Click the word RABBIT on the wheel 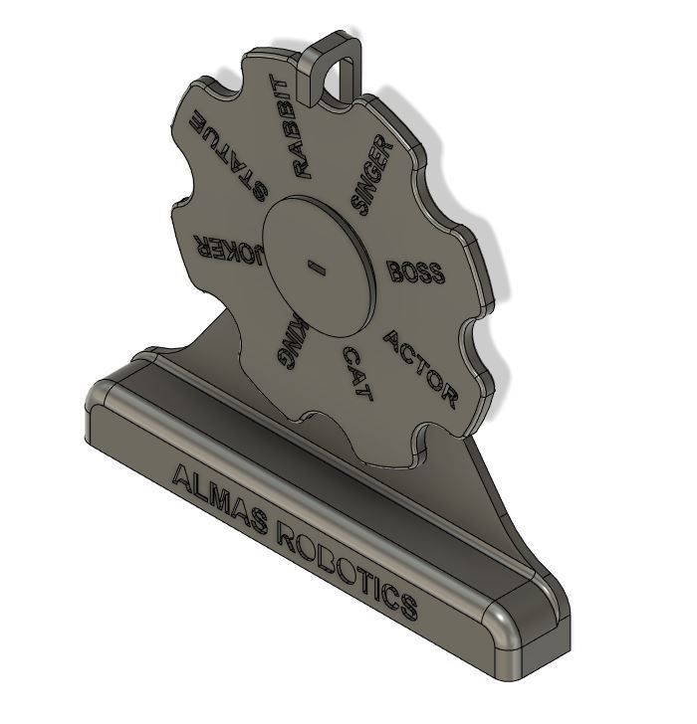pos(295,126)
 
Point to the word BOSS pos(414,271)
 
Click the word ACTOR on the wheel pos(421,370)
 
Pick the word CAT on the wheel pos(357,374)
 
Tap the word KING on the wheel pos(291,339)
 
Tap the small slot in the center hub pos(317,266)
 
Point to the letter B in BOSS pos(394,269)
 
